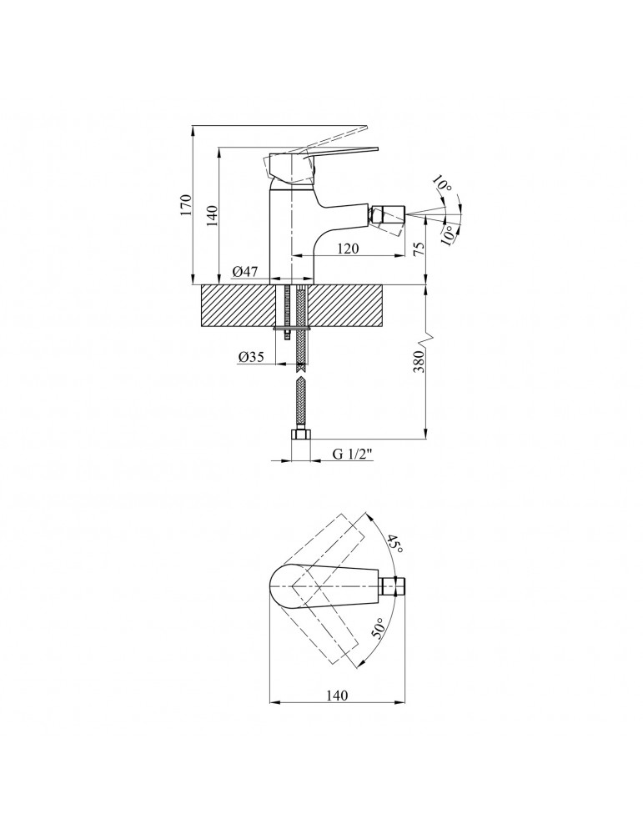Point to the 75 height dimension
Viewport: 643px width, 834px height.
click(x=419, y=249)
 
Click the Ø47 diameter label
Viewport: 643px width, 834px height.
click(x=245, y=271)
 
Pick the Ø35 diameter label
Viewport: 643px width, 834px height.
click(x=251, y=357)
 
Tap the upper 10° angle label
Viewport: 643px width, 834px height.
click(x=443, y=185)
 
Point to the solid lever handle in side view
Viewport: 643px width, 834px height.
click(x=334, y=153)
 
